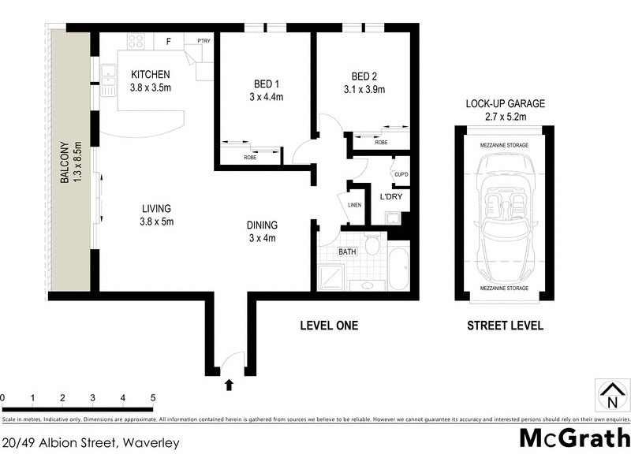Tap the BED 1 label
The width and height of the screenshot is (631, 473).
(x=265, y=84)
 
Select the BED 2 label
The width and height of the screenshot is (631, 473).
(x=363, y=76)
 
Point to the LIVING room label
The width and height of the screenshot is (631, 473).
(x=156, y=209)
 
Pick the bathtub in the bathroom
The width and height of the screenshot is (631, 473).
(x=398, y=270)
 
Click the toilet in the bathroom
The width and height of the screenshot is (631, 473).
(x=372, y=246)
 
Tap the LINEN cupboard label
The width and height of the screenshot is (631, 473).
(x=355, y=206)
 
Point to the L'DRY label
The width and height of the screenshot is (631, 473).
(x=392, y=196)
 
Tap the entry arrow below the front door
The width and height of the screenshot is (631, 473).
(x=230, y=385)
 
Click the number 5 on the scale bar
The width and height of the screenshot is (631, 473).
(x=153, y=397)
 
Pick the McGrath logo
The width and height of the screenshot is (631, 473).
(x=574, y=438)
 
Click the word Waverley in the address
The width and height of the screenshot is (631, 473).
(x=151, y=442)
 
